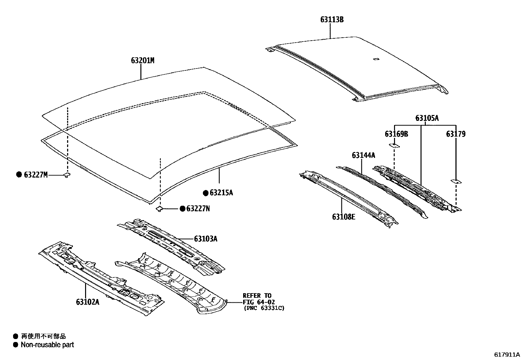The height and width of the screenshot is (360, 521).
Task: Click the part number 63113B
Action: pos(332,20)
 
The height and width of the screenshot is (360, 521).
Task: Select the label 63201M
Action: pos(143,61)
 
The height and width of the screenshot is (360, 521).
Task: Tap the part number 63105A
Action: pos(427,118)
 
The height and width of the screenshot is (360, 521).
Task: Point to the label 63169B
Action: pos(396,134)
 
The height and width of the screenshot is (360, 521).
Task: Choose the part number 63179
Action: pos(456,134)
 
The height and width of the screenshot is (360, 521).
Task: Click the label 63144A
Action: pos(364,155)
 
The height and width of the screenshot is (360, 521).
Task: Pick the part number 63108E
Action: pos(344,217)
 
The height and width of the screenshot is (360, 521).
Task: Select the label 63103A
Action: pos(206,239)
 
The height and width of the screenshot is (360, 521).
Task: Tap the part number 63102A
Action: pos(87,302)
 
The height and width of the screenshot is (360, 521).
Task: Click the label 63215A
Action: pos(221,193)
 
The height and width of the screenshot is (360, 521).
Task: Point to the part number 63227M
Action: pos(36,175)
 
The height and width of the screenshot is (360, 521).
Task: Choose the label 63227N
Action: pos(198,209)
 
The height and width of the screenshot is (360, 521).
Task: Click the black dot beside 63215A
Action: pos(206,193)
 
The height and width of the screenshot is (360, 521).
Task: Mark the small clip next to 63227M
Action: pos(67,175)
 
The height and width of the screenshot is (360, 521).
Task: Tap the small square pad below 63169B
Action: pos(394,145)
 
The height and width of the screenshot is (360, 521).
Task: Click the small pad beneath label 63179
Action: pos(456,181)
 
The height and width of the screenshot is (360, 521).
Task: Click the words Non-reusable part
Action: pos(47,345)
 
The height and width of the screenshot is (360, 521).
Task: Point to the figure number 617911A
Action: pos(507,354)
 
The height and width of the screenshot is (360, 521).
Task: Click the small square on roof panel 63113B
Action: pos(376,59)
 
